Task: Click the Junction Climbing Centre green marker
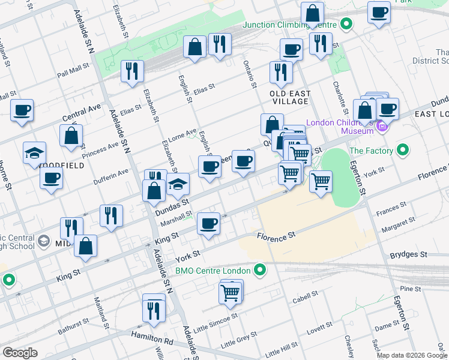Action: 346,25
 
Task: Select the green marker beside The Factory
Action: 403,150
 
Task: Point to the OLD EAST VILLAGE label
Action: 290,98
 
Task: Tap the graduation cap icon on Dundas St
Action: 178,185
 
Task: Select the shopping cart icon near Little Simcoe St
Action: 231,292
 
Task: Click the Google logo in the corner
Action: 20,353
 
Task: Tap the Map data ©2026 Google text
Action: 412,355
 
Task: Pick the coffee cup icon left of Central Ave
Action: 22,110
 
